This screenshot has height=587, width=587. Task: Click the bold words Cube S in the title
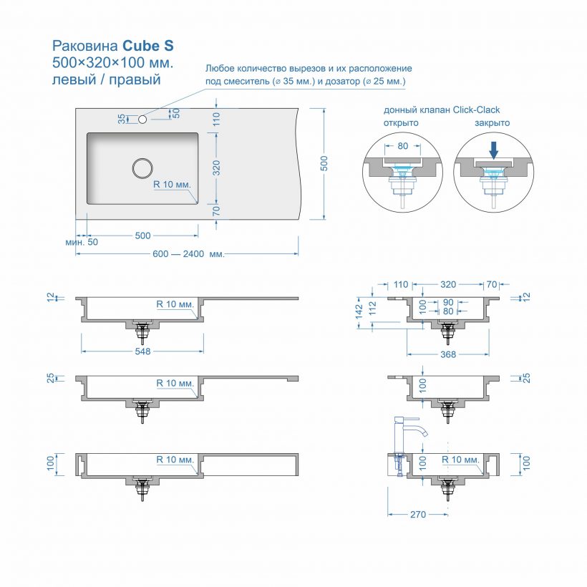147,46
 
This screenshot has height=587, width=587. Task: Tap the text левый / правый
107,79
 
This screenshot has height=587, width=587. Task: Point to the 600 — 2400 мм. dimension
188,254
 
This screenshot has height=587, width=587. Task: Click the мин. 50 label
82,243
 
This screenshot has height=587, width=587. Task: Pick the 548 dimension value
142,351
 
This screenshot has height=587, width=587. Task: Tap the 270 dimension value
418,514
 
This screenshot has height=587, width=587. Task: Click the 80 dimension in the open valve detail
402,146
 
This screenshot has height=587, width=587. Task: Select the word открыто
401,122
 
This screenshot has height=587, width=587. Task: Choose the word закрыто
492,122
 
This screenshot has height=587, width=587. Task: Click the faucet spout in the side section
424,431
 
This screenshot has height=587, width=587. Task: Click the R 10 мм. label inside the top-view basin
173,184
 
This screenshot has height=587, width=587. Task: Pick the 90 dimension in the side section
448,302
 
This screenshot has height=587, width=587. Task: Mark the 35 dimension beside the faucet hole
122,117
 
